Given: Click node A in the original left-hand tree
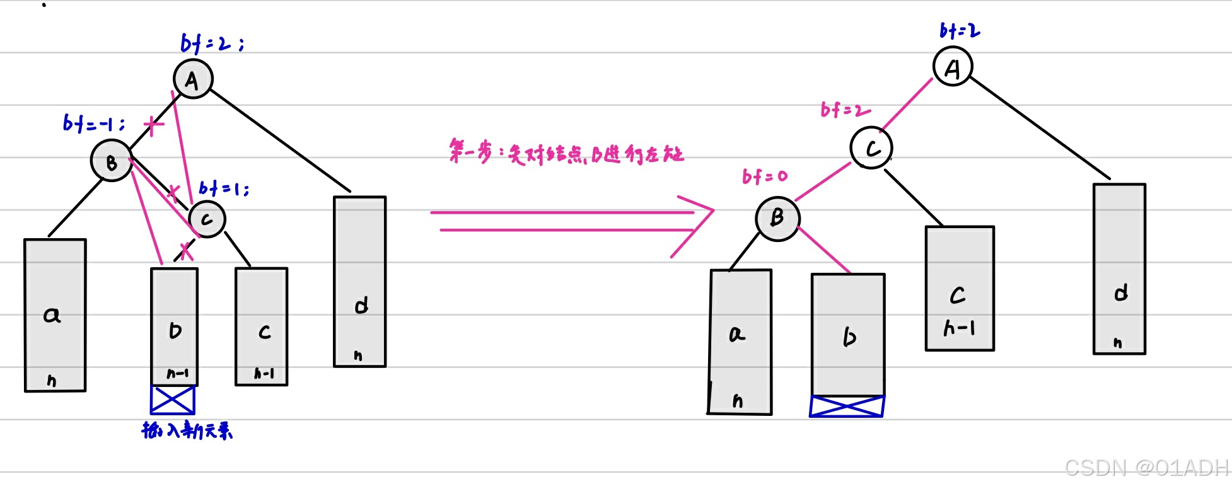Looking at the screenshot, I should tap(193, 79).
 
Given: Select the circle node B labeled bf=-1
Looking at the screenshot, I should tap(112, 161).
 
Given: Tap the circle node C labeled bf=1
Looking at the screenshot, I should tap(207, 219).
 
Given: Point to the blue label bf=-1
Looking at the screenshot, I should tap(93, 123).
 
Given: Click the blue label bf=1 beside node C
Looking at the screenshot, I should tap(224, 188).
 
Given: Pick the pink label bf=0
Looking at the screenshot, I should tap(765, 176).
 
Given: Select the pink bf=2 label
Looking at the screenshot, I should tap(845, 110).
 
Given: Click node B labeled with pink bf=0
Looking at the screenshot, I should tap(777, 219).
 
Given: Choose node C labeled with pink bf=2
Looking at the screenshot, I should tap(871, 148).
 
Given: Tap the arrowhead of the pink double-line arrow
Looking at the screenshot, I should tap(697, 221).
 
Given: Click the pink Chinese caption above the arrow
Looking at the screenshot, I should tap(566, 153).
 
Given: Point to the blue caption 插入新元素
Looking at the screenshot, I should tap(187, 430).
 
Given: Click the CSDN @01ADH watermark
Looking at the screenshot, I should tap(1146, 468).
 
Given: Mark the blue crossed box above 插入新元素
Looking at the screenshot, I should tap(173, 400).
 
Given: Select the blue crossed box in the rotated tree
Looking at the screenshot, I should tap(847, 406).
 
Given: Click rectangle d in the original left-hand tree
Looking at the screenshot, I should tap(359, 282).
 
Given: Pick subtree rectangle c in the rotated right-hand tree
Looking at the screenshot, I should tap(960, 288).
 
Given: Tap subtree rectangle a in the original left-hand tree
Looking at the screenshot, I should tap(55, 315).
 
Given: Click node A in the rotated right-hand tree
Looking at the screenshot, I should tap(953, 67).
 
